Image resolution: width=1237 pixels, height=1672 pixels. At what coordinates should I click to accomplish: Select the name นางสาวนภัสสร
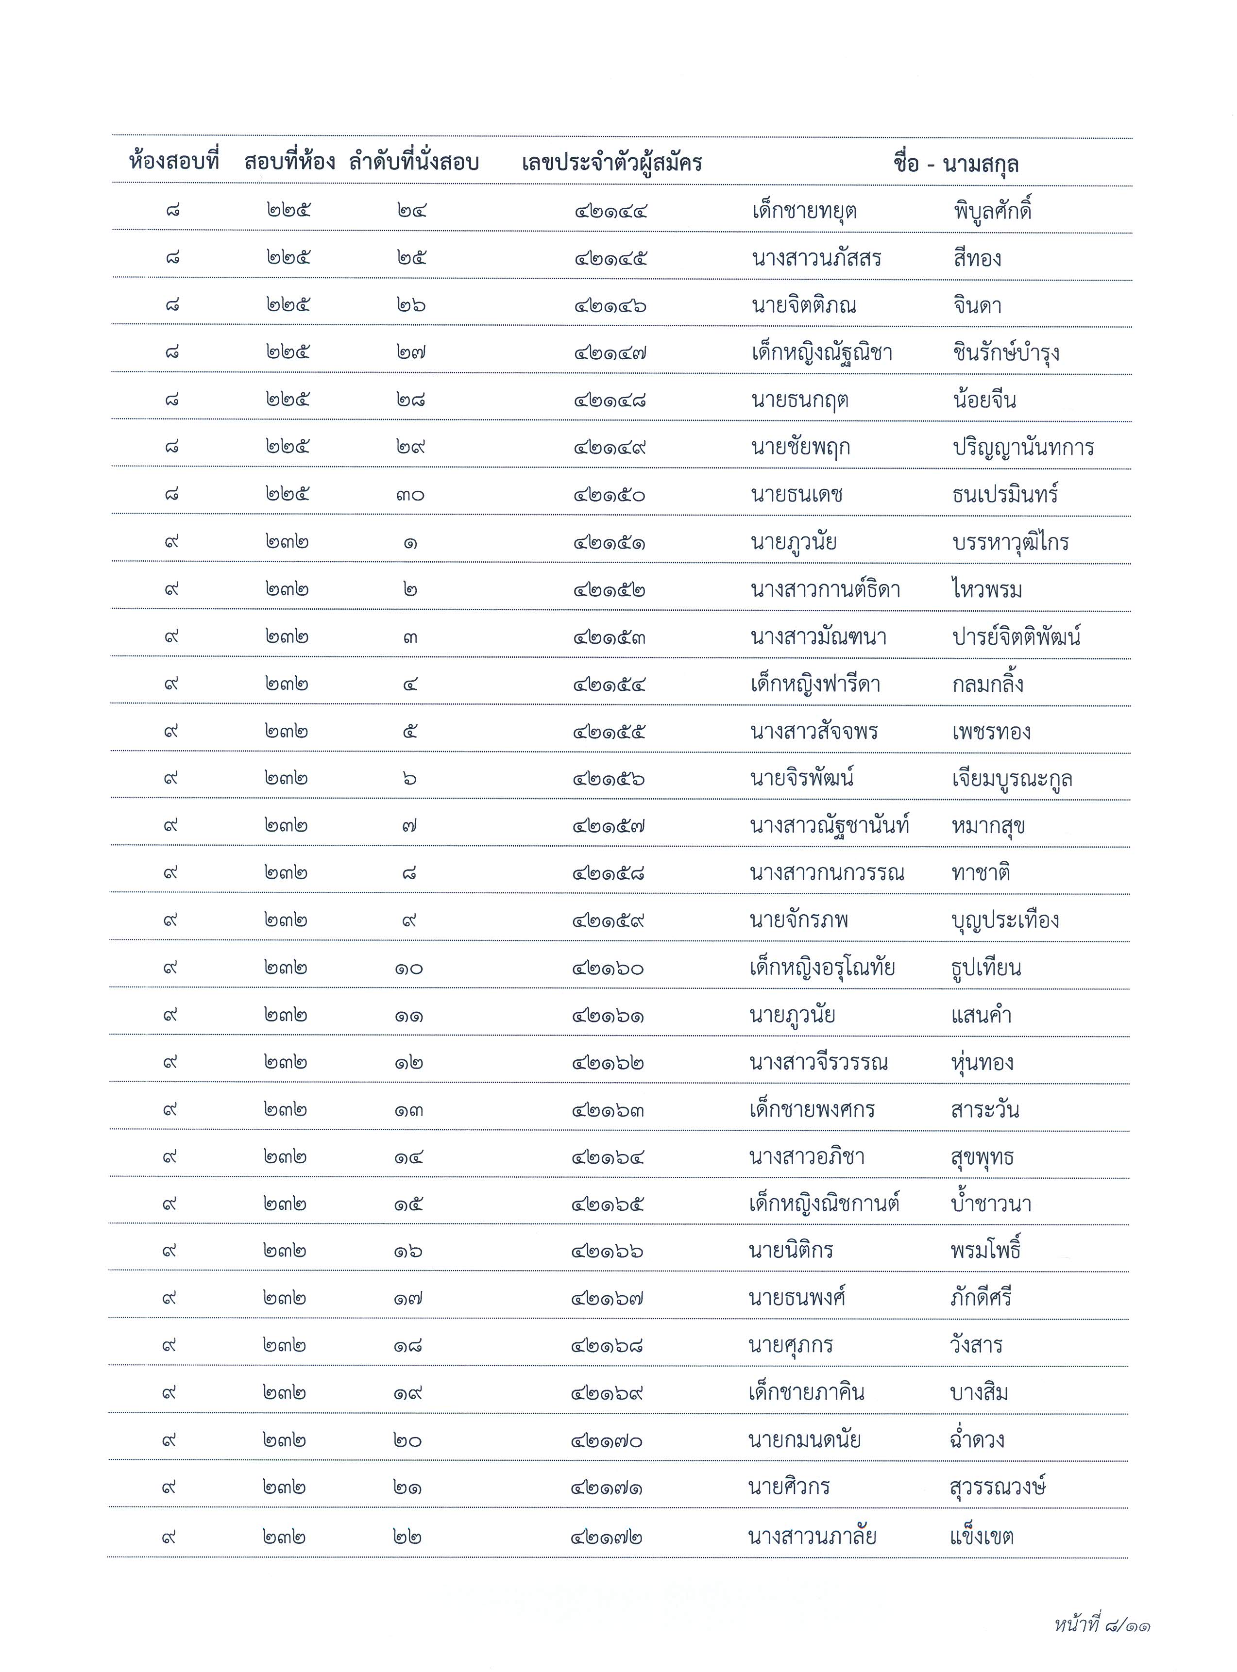[816, 258]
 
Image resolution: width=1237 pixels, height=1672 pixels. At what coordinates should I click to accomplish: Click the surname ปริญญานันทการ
[1023, 448]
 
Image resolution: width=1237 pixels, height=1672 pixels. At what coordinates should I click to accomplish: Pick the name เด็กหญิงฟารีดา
[814, 684]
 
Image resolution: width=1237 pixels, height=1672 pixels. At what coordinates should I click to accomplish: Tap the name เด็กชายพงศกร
[812, 1109]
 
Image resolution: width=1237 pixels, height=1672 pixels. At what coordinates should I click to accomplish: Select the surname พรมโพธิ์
[985, 1251]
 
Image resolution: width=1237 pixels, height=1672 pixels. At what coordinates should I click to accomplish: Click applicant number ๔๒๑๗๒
[607, 1538]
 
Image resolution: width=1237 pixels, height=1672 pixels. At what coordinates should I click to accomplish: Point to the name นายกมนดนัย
[804, 1440]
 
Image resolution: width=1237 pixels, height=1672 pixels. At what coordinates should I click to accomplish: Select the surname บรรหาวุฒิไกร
[1010, 542]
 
